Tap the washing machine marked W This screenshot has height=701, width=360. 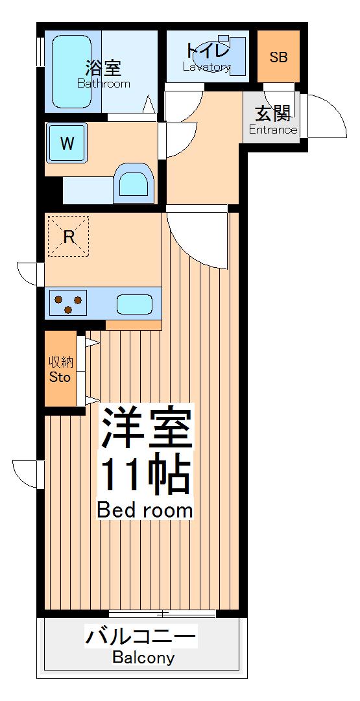67,143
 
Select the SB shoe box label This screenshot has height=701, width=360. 278,57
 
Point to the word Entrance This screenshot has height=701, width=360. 273,130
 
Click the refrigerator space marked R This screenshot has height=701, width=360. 69,237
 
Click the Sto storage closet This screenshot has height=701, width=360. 60,369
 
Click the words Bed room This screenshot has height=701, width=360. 145,510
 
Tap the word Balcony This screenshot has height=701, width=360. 143,658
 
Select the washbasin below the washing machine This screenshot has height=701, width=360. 134,184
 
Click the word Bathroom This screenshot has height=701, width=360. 104,84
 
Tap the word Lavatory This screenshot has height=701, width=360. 206,67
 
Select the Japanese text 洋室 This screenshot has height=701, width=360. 146,428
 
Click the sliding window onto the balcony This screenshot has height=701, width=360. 162,613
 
